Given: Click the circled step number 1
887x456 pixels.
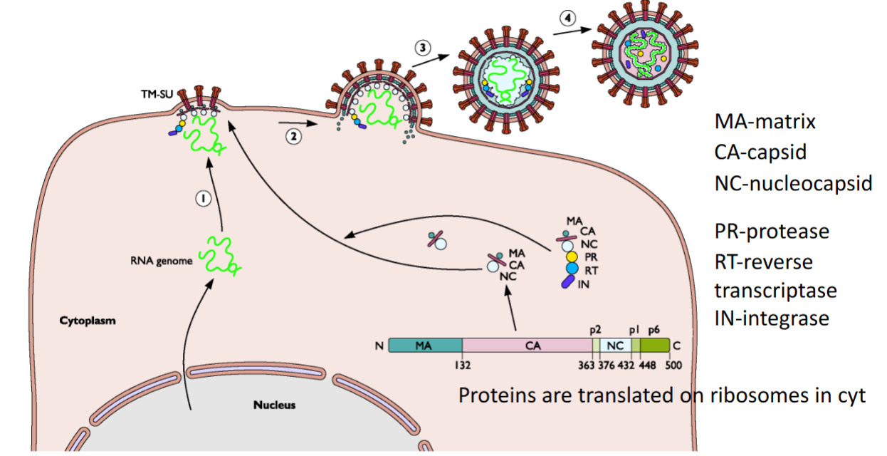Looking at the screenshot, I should point(203,200).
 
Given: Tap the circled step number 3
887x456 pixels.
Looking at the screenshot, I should point(423,48).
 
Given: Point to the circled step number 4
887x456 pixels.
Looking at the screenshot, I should point(567,19).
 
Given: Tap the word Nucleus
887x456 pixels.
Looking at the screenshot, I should point(274,405).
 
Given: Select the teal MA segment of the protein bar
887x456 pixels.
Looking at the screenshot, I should point(425,346).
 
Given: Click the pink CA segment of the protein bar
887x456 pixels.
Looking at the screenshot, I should point(528,346).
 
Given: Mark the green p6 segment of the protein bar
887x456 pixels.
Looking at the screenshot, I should point(654,346).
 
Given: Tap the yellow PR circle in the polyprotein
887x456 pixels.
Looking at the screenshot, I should point(571,256).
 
